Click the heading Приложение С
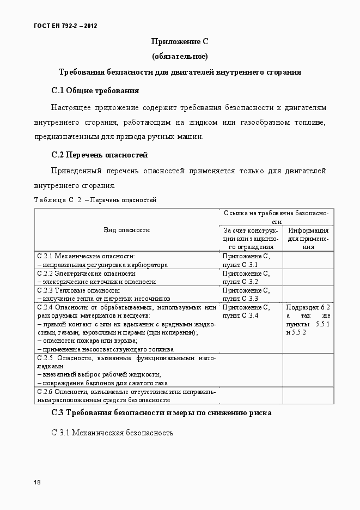point(180,41)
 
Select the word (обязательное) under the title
point(180,56)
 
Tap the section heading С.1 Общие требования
point(95,90)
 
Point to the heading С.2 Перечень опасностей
point(99,155)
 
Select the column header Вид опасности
point(127,230)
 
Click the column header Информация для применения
point(308,238)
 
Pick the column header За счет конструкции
point(251,238)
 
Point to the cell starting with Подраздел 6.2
point(308,319)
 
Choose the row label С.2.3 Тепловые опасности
point(81,290)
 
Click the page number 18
point(36,482)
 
